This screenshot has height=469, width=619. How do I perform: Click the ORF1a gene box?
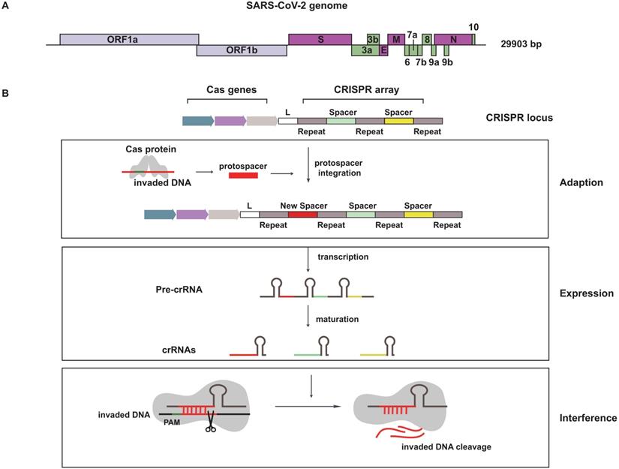(x=129, y=39)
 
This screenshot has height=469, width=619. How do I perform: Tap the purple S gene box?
(x=320, y=39)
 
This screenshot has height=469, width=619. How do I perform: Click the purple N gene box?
(x=452, y=39)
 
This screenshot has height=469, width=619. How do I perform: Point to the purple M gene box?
(x=395, y=39)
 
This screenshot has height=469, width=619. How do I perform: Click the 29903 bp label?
(x=521, y=45)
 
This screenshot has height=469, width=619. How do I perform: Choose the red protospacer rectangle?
(x=242, y=174)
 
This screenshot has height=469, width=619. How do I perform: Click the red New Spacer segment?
(x=302, y=214)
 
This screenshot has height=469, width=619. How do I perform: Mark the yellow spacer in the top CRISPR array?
(x=398, y=120)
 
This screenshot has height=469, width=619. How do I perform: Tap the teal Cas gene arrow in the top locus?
(x=197, y=120)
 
